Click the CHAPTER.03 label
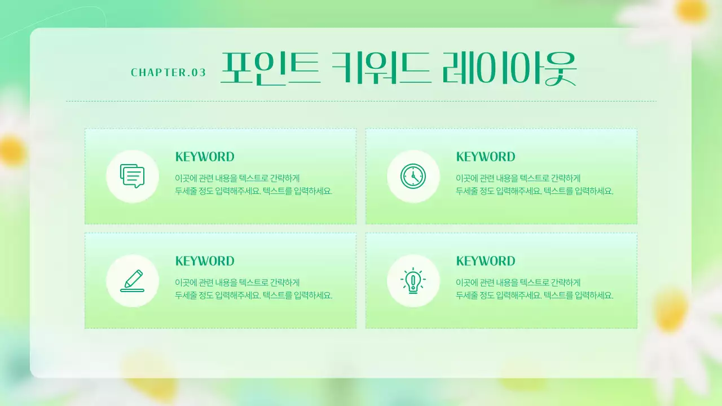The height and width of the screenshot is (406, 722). tap(168, 73)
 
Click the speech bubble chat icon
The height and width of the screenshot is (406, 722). tap(133, 176)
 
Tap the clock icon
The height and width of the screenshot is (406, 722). tap(413, 176)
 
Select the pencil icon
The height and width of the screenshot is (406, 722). tap(133, 281)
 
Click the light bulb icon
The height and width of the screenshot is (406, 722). tap(413, 281)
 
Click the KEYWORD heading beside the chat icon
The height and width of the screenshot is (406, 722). tap(205, 157)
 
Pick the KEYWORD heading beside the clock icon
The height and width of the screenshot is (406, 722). tap(486, 157)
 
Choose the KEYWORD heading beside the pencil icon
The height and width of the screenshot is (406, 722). tap(205, 261)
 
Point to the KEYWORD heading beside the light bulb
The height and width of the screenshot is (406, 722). tap(486, 261)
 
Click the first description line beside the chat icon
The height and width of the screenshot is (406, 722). tap(237, 178)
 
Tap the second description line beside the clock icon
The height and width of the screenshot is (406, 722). tap(534, 191)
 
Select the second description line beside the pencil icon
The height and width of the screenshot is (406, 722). tap(254, 295)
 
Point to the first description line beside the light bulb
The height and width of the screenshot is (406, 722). tap(518, 282)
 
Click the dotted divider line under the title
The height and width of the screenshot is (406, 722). tap(361, 101)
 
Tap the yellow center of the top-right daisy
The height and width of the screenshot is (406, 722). tap(692, 10)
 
